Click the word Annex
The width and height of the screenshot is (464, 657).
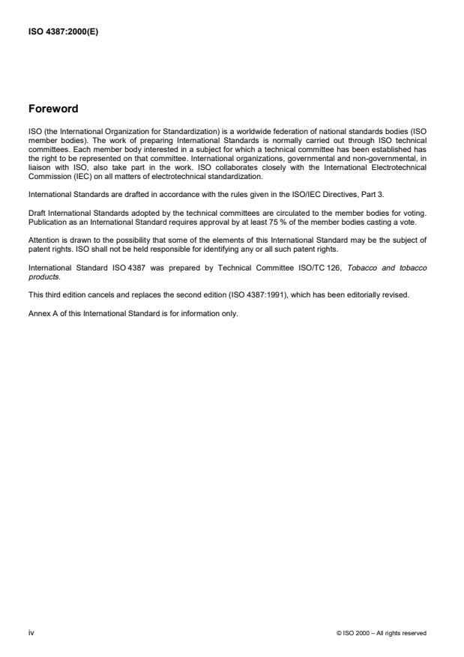pyautogui.click(x=37, y=313)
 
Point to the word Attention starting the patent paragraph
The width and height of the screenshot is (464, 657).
pyautogui.click(x=43, y=240)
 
